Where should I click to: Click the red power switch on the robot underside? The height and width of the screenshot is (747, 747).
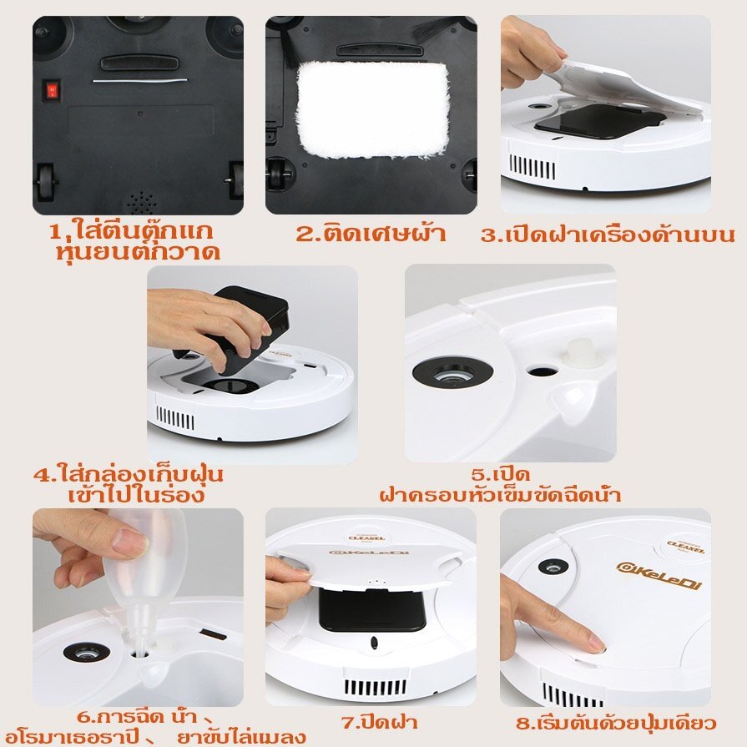(53, 89)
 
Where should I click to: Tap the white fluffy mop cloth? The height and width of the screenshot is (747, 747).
(373, 110)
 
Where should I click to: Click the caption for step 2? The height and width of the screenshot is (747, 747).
(371, 234)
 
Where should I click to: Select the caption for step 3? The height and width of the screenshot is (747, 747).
(608, 235)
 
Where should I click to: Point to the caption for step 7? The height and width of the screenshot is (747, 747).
(380, 722)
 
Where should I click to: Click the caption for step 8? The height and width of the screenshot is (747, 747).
(617, 723)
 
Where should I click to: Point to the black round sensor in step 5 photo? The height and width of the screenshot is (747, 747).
(452, 375)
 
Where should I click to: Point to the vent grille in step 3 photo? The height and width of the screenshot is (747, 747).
(532, 167)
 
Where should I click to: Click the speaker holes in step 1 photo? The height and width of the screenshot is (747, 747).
(141, 202)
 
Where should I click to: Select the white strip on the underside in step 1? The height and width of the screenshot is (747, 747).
(139, 80)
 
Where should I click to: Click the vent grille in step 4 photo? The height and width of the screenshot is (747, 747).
(174, 419)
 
